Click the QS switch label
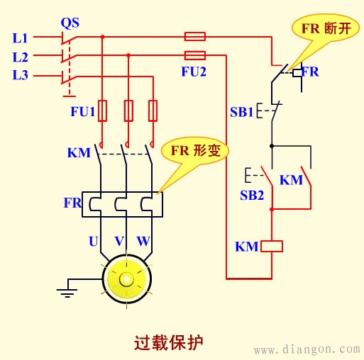(70, 22)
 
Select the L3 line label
(21, 74)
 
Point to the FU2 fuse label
(193, 72)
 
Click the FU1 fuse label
(82, 112)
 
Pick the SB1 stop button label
(241, 112)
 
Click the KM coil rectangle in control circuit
(272, 247)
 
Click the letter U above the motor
(93, 242)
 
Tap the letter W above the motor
(143, 242)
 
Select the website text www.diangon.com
(307, 349)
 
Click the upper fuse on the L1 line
(194, 36)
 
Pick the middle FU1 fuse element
(128, 111)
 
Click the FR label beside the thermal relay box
(72, 203)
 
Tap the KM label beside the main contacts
(79, 152)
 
